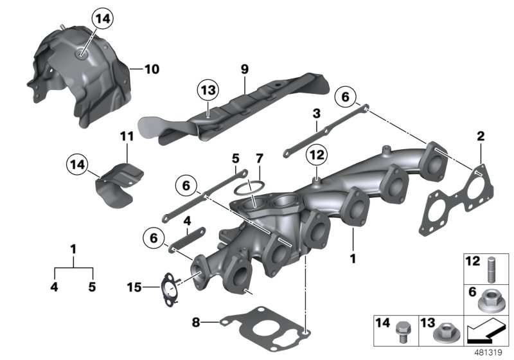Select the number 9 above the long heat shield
[x=244, y=67]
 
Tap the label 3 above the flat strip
[x=316, y=114]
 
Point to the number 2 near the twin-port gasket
[x=480, y=136]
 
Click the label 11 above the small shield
[x=127, y=135]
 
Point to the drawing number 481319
[x=490, y=352]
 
